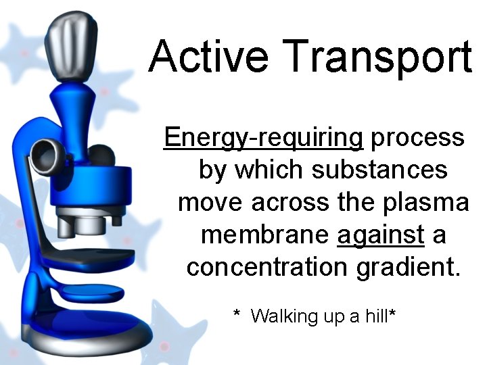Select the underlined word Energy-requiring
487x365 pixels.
[264, 139]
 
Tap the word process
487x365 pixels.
[419, 139]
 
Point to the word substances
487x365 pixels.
[379, 170]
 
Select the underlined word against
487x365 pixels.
[381, 234]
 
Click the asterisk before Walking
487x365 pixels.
[237, 314]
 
